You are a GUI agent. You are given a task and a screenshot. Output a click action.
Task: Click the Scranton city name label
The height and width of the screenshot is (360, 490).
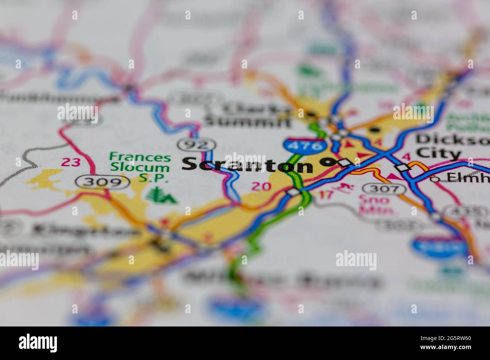[248, 165]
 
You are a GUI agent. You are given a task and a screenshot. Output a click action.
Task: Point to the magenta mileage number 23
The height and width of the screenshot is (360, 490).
[71, 162]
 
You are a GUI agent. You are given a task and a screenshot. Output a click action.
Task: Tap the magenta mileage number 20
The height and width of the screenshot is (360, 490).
[261, 186]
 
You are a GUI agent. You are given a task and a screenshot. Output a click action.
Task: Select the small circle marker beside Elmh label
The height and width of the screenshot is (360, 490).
[435, 179]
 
